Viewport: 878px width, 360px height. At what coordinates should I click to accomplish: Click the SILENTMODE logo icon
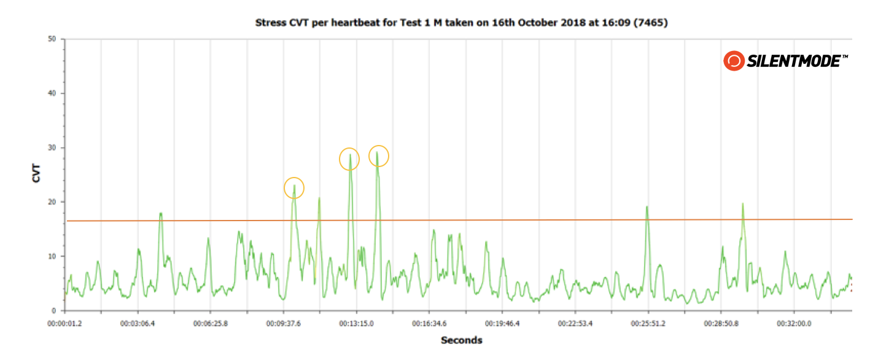734,61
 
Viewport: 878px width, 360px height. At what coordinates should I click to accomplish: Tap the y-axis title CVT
37,175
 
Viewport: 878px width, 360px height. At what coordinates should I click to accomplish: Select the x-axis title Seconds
461,340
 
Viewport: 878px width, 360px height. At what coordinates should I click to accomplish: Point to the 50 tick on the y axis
52,39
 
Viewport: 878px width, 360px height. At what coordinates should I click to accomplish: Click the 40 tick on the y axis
52,93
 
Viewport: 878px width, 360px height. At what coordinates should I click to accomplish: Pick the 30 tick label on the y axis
52,148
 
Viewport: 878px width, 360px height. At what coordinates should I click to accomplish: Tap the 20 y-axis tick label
52,202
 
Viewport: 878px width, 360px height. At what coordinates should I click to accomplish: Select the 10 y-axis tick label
52,257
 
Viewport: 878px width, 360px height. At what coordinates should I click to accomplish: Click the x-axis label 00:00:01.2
65,323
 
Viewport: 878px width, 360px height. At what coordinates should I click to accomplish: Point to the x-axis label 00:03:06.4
138,323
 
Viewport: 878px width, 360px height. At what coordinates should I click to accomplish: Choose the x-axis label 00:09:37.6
283,323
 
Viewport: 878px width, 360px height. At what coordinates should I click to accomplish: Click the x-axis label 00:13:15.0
356,323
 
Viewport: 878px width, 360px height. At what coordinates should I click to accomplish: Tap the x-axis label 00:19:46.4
502,323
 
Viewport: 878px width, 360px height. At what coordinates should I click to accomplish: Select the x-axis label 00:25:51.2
648,323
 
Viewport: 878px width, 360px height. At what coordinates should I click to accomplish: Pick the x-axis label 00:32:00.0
793,323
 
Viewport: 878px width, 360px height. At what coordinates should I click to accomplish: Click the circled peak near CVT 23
294,187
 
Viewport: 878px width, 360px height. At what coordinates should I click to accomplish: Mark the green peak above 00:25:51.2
647,207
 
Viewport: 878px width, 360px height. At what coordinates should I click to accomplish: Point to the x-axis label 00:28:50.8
721,323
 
